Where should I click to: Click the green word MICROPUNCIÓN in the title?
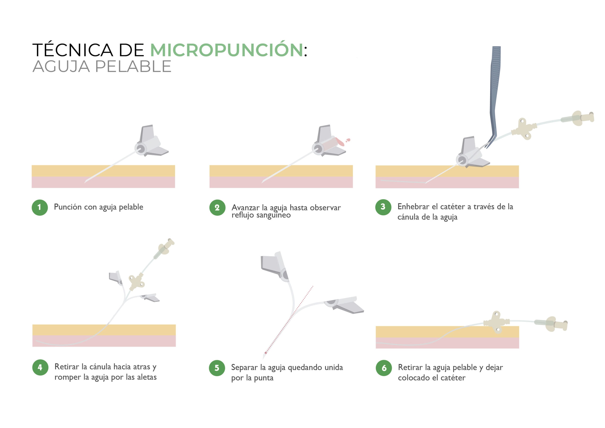[x=227, y=50]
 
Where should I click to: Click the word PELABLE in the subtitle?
[x=133, y=66]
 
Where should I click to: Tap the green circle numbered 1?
[x=39, y=208]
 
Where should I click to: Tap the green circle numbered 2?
[x=217, y=208]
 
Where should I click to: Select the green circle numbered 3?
[x=383, y=207]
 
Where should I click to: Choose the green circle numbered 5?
[x=217, y=368]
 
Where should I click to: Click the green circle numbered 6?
[x=384, y=368]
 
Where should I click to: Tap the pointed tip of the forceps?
[x=487, y=147]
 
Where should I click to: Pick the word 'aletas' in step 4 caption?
[x=147, y=377]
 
